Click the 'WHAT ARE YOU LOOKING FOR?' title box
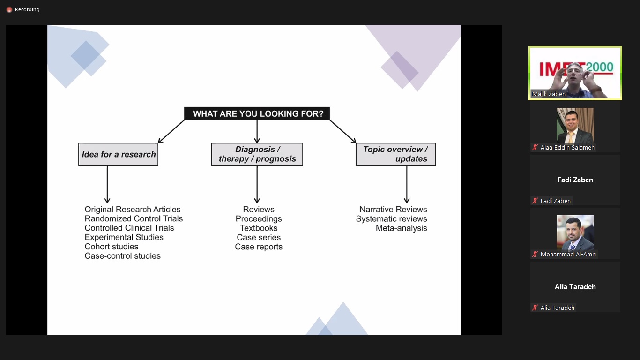[257, 113]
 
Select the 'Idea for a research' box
[118, 154]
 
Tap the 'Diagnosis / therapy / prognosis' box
[257, 154]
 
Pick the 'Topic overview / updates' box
[396, 154]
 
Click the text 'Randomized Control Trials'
[134, 219]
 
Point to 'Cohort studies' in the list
[112, 247]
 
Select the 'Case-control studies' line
[123, 256]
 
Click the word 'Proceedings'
[259, 219]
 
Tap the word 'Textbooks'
[259, 228]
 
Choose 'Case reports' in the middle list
[259, 247]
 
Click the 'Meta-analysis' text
[402, 228]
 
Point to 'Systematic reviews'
[391, 219]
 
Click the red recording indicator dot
[9, 10]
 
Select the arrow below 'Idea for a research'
[107, 184]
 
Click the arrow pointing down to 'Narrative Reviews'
[407, 184]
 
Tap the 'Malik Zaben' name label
[549, 94]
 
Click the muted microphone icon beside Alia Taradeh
[535, 307]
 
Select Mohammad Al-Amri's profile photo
[575, 232]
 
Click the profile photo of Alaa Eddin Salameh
[575, 126]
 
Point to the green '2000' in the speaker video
[599, 67]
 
